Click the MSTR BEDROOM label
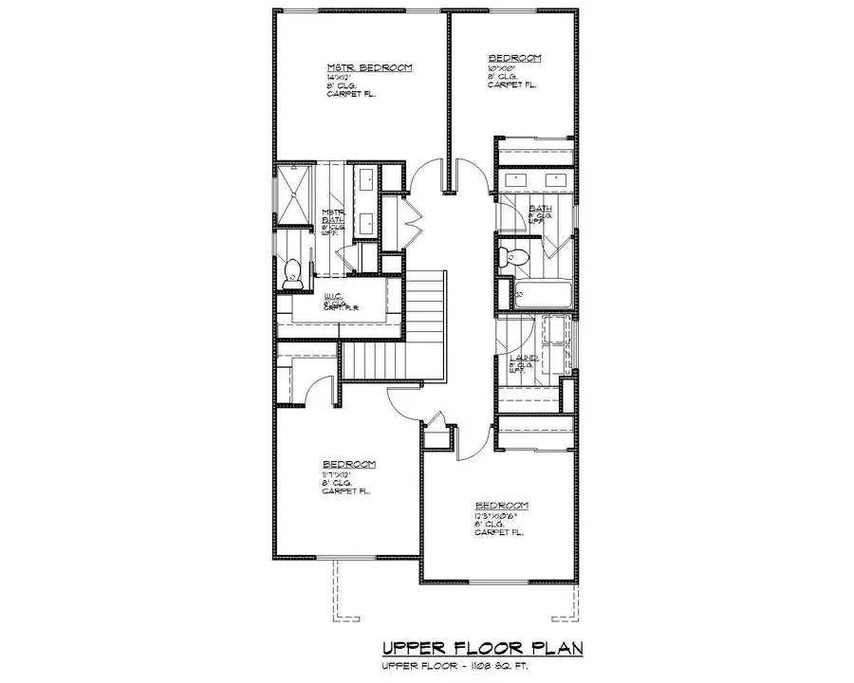point(369,67)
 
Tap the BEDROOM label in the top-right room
point(514,58)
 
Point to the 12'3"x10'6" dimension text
point(502,515)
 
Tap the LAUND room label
point(525,359)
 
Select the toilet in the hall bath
point(514,255)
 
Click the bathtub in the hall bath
point(542,294)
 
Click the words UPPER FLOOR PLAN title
point(482,649)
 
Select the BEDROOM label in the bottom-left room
point(348,464)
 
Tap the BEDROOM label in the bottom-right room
point(501,506)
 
